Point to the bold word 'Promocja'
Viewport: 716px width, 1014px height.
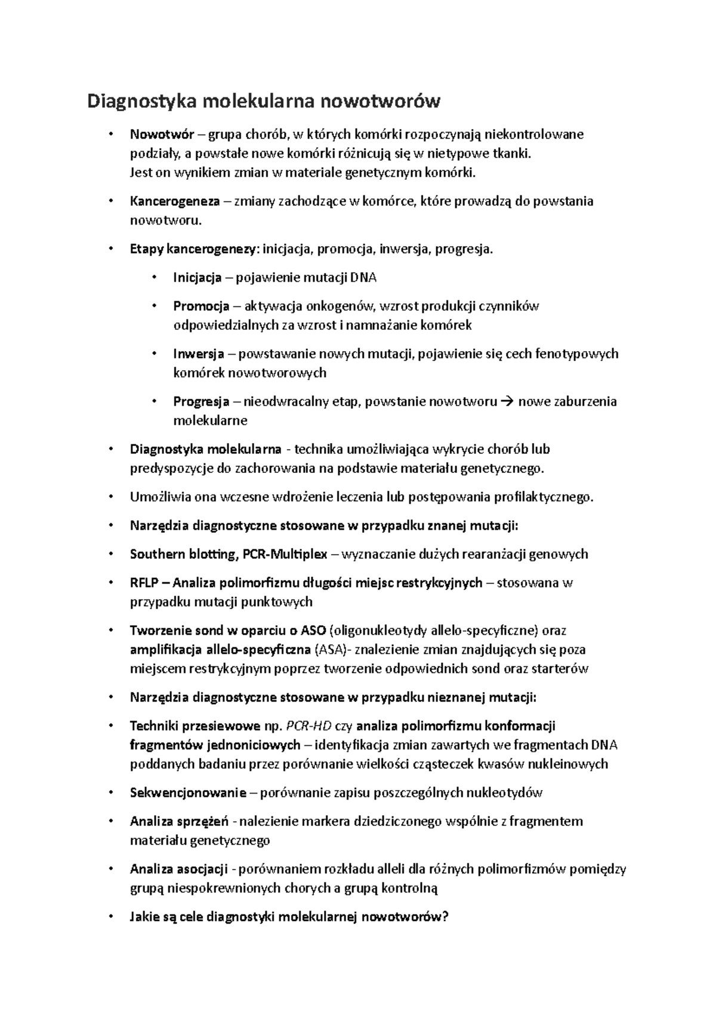click(201, 306)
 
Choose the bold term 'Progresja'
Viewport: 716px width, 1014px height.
click(201, 401)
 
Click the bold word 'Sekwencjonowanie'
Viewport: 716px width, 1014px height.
click(188, 793)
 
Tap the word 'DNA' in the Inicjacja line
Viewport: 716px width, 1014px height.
click(363, 278)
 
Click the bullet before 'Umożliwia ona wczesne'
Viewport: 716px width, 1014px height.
click(110, 497)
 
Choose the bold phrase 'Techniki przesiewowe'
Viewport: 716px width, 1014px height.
click(195, 726)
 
